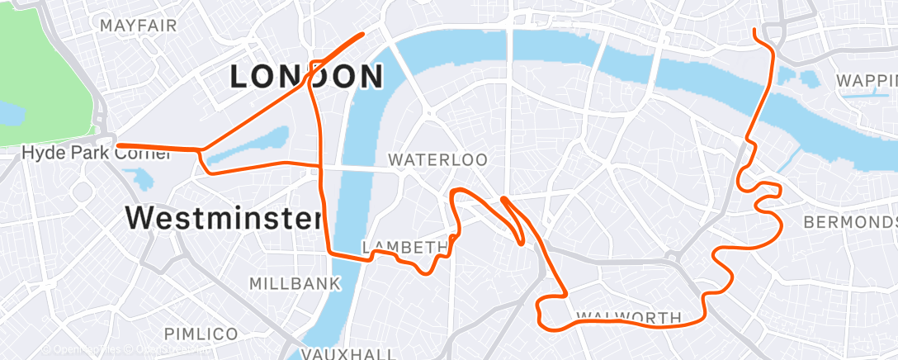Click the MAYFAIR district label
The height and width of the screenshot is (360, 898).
[x=138, y=26]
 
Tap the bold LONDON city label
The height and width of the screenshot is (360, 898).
[x=306, y=77]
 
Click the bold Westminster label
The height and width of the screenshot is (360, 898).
[x=223, y=219]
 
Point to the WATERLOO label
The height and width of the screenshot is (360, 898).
[x=438, y=159]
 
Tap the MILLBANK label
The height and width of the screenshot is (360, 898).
[x=295, y=284]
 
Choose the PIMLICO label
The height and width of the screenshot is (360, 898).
[x=201, y=334]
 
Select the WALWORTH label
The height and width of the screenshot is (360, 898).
[x=628, y=317]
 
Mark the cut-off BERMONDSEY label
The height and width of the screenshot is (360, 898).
[x=850, y=223]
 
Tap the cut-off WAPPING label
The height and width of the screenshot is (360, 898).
[x=866, y=81]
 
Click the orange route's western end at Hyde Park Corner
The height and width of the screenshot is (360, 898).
[x=118, y=146]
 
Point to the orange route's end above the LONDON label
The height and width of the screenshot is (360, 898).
[x=363, y=34]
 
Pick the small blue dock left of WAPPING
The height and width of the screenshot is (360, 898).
[x=807, y=79]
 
